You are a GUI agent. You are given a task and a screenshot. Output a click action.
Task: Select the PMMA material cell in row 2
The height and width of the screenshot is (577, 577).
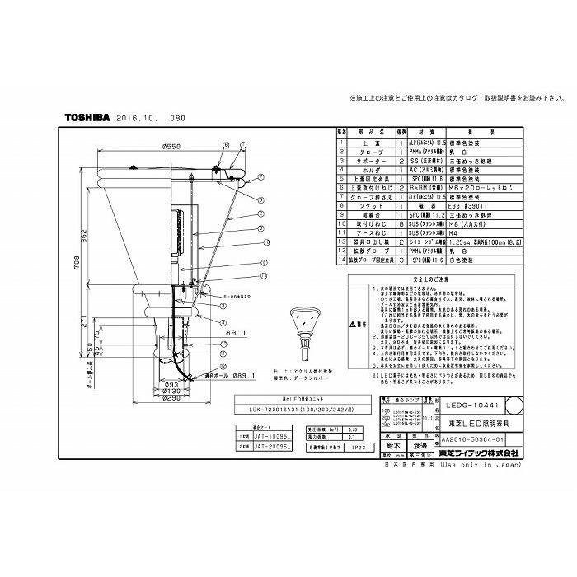click(x=420, y=152)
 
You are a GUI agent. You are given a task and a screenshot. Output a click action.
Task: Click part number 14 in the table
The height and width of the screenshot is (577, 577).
click(x=344, y=260)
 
